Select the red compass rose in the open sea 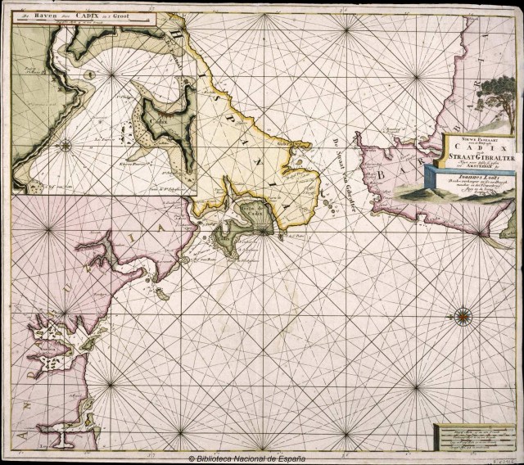[x=462, y=314]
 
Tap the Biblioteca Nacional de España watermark [x=261, y=459]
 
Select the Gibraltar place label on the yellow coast [x=287, y=146]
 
